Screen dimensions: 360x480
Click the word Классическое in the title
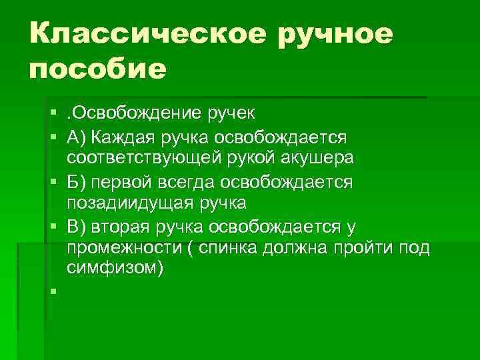tap(149, 34)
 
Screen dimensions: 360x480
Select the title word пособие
tap(97, 68)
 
